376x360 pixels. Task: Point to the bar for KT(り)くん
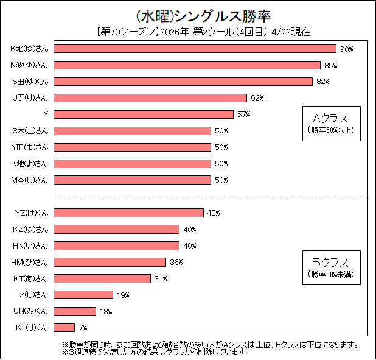pyautogui.click(x=65, y=328)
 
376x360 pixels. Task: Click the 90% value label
pyautogui.click(x=347, y=49)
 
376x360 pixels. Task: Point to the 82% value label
pyautogui.click(x=322, y=82)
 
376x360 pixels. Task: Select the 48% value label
pyautogui.click(x=213, y=213)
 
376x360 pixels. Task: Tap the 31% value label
pyautogui.click(x=160, y=278)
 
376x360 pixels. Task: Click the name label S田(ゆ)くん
pyautogui.click(x=30, y=82)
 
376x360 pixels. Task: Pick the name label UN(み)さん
pyautogui.click(x=30, y=311)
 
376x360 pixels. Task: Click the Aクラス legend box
pyautogui.click(x=332, y=122)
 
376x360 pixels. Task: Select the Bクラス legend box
pyautogui.click(x=332, y=267)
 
